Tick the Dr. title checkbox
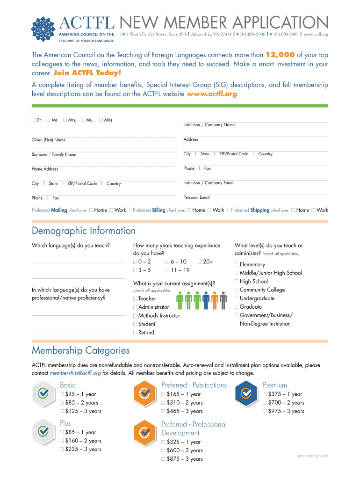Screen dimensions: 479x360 coord(34,120)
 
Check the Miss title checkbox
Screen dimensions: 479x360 coord(101,120)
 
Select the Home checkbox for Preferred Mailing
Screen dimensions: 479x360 coord(91,210)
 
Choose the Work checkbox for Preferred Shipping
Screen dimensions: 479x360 coord(314,210)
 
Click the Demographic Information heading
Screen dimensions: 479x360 coord(84,231)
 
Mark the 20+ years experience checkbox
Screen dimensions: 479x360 coord(200,262)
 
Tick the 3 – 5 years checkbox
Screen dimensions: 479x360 coord(135,270)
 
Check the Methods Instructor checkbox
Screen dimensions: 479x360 coord(135,316)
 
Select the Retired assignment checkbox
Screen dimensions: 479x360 coord(135,333)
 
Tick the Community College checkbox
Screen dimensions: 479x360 coord(237,290)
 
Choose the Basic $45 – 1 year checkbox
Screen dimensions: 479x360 coord(62,394)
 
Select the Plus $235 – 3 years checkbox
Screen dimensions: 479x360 coord(62,450)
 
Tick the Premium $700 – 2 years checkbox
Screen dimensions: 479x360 coord(265,403)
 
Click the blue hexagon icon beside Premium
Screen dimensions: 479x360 coord(246,393)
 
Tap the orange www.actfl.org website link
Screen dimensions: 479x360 coord(212,94)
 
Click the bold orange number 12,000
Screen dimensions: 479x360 coord(280,55)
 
